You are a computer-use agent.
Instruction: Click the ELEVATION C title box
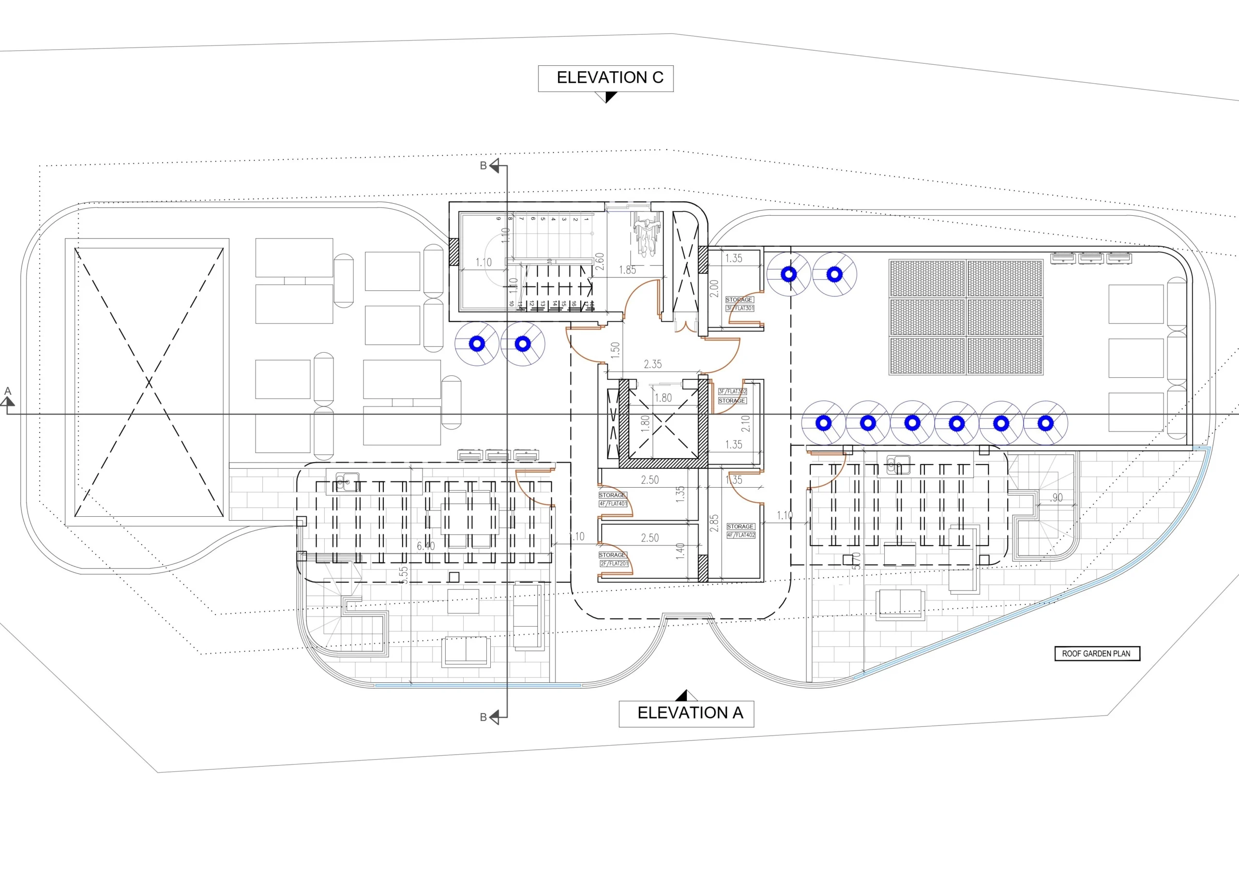(x=605, y=78)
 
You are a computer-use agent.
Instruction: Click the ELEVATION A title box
(x=686, y=713)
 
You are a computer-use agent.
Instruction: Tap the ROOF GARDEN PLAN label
(x=1097, y=653)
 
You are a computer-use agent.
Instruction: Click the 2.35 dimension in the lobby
(x=652, y=365)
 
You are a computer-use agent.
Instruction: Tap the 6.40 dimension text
(x=425, y=546)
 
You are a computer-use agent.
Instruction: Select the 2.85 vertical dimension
(x=714, y=523)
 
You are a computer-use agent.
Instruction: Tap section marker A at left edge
(x=8, y=398)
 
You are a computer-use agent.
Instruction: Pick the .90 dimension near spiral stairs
(x=1056, y=498)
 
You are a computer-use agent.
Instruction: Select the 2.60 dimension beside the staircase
(x=600, y=262)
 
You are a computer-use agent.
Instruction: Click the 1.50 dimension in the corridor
(x=615, y=350)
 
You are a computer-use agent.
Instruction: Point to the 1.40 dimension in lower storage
(x=680, y=551)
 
